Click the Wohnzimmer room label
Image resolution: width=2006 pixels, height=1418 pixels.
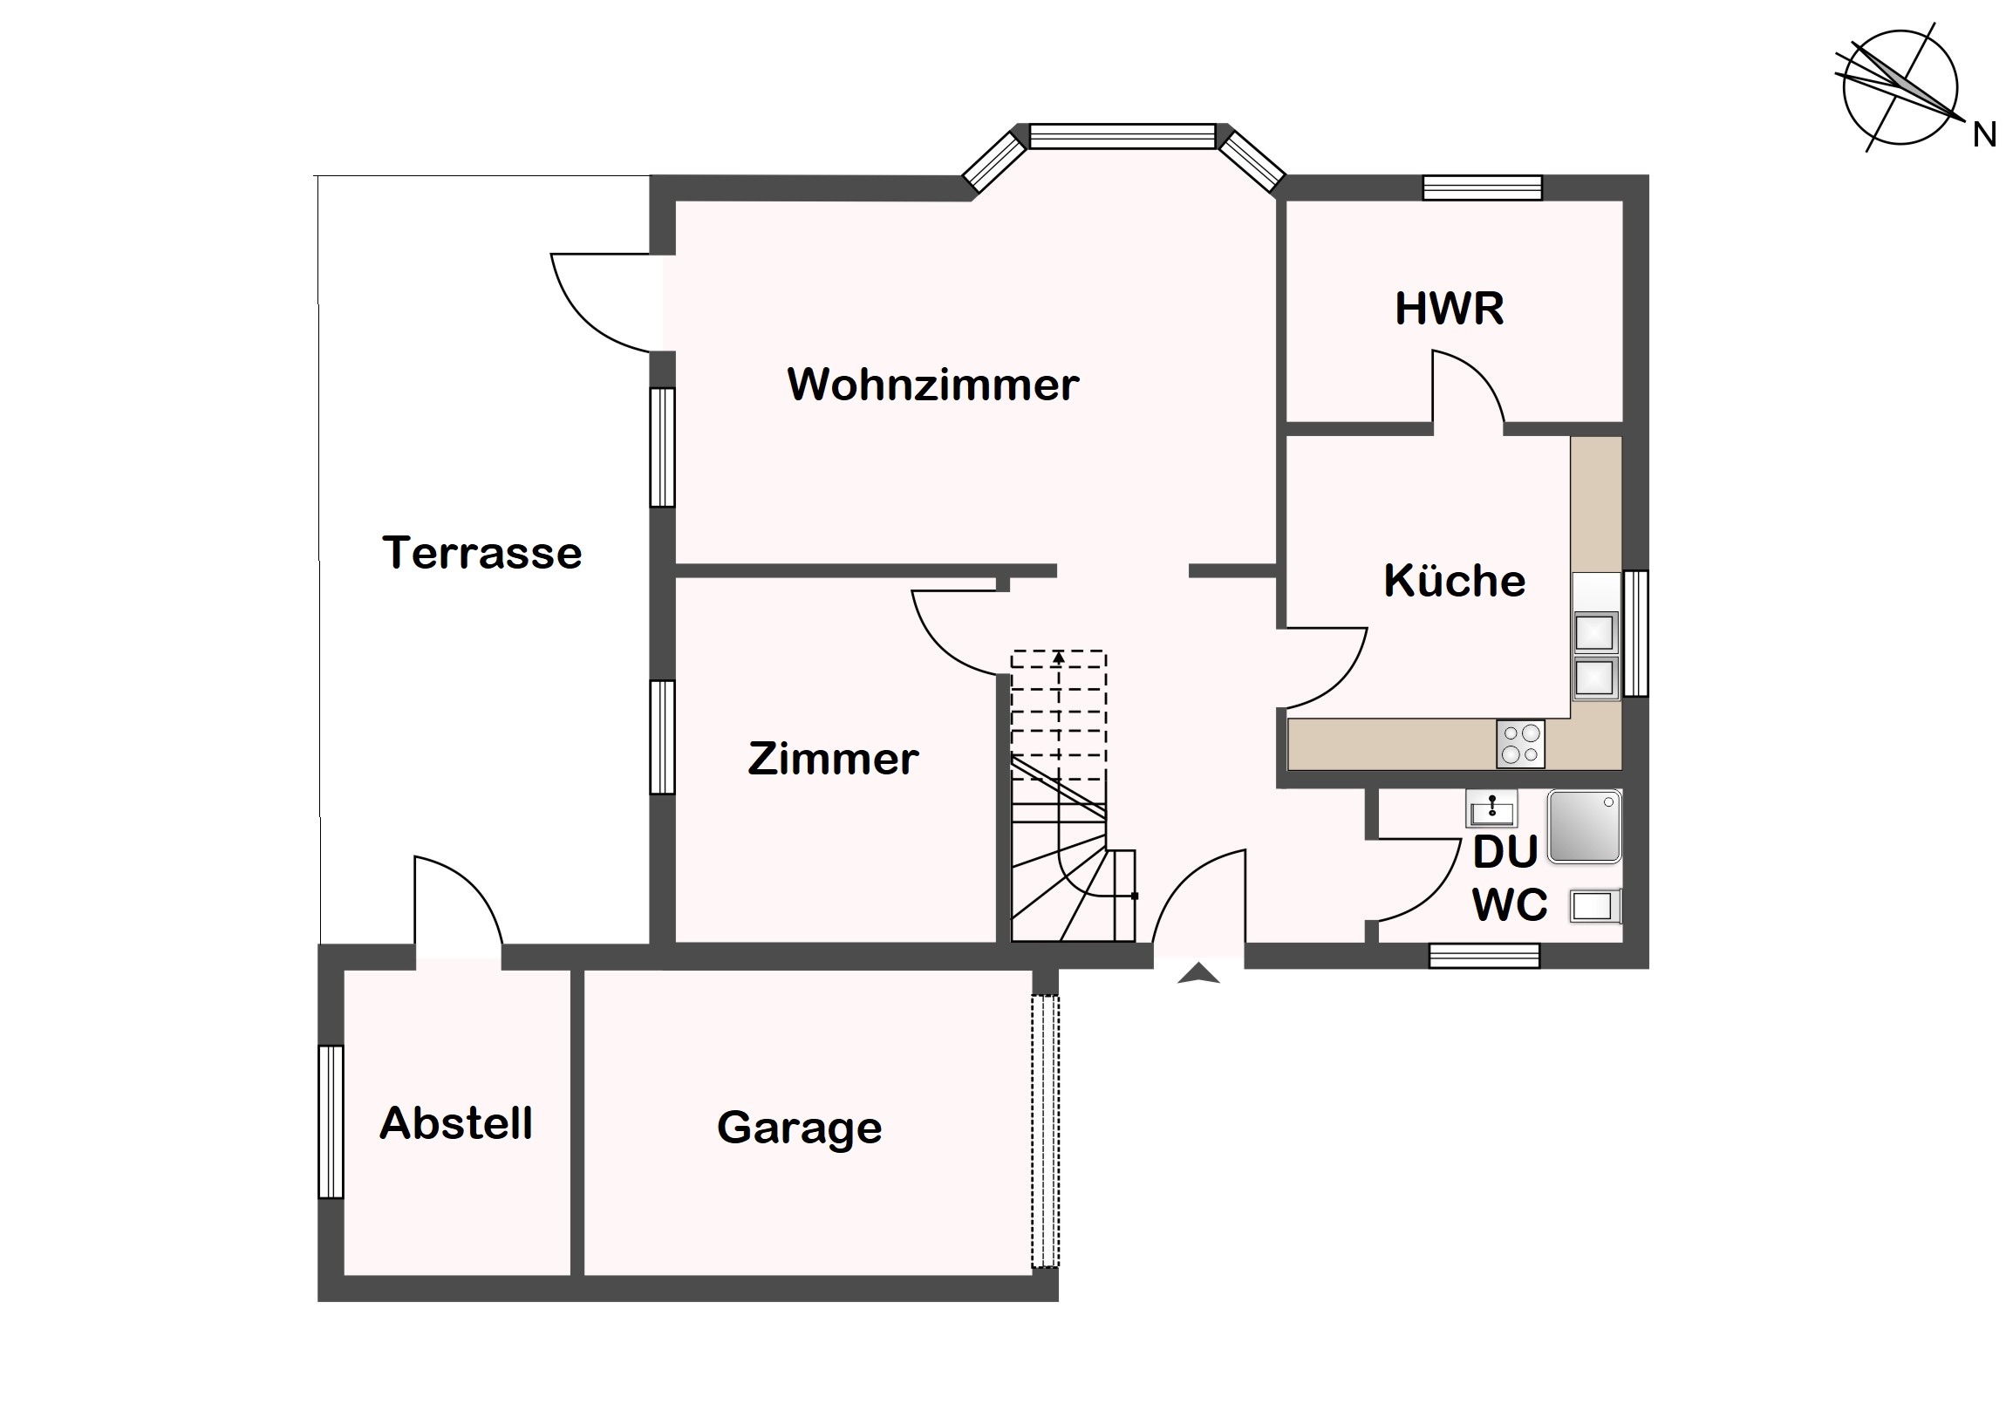point(933,385)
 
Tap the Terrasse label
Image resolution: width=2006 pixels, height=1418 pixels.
point(482,553)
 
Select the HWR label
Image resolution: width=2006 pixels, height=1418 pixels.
point(1450,309)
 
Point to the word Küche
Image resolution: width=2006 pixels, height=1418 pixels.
point(1455,580)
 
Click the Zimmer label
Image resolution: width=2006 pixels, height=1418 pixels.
point(834,759)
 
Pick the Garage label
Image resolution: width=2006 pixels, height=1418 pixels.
point(800,1128)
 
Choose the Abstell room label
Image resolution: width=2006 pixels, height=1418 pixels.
point(456,1123)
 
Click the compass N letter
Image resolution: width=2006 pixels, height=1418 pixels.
point(1983,135)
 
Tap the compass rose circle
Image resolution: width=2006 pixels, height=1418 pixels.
point(1900,87)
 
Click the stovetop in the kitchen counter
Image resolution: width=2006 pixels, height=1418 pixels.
point(1520,744)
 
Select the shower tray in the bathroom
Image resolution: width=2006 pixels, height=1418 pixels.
point(1585,827)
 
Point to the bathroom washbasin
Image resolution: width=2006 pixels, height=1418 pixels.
point(1491,808)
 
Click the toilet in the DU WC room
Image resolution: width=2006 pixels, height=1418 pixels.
point(1595,906)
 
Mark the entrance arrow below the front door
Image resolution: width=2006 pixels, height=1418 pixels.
point(1198,973)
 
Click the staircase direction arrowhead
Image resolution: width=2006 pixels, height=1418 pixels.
point(1059,656)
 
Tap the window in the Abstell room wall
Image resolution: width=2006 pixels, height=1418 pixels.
point(331,1121)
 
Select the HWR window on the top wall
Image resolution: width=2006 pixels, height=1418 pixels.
point(1482,187)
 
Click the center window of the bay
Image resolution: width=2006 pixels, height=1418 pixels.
point(1122,136)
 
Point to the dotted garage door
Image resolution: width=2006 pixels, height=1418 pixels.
point(1045,1131)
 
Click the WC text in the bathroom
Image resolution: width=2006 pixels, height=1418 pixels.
point(1510,905)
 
